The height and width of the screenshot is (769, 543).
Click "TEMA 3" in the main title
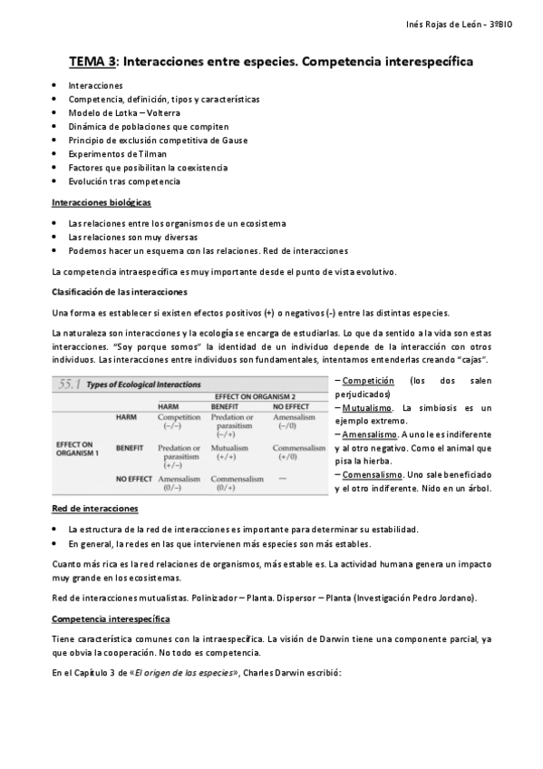coord(93,62)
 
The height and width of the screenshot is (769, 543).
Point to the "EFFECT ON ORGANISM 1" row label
coord(78,447)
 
